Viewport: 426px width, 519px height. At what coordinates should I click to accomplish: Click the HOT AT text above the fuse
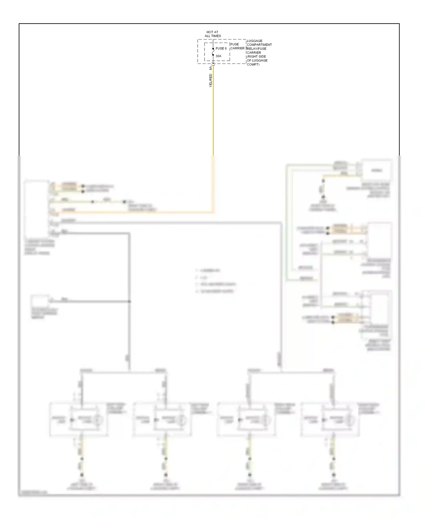[x=212, y=32]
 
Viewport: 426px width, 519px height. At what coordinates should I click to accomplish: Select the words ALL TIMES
[x=213, y=36]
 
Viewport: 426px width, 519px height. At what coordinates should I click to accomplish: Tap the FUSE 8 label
[x=221, y=49]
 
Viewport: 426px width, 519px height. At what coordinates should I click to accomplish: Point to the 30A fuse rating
[x=218, y=56]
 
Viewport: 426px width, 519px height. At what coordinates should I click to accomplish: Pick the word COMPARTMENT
[x=259, y=45]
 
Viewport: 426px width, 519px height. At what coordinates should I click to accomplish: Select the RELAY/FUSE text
[x=257, y=49]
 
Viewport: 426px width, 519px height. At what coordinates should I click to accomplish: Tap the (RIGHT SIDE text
[x=256, y=56]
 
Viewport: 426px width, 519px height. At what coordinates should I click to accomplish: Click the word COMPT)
[x=253, y=64]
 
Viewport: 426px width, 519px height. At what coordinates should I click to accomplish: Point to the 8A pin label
[x=210, y=68]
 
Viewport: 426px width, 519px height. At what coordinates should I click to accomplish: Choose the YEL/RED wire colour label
[x=210, y=80]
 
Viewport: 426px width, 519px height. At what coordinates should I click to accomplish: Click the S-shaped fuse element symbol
[x=213, y=52]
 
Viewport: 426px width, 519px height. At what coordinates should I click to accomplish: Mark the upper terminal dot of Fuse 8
[x=213, y=49]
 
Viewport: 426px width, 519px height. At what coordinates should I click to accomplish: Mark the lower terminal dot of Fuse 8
[x=213, y=55]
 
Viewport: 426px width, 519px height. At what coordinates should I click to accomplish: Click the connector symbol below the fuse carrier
[x=213, y=65]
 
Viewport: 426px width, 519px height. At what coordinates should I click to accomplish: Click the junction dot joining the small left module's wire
[x=130, y=302]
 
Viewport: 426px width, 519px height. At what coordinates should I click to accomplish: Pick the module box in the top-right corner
[x=377, y=170]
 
